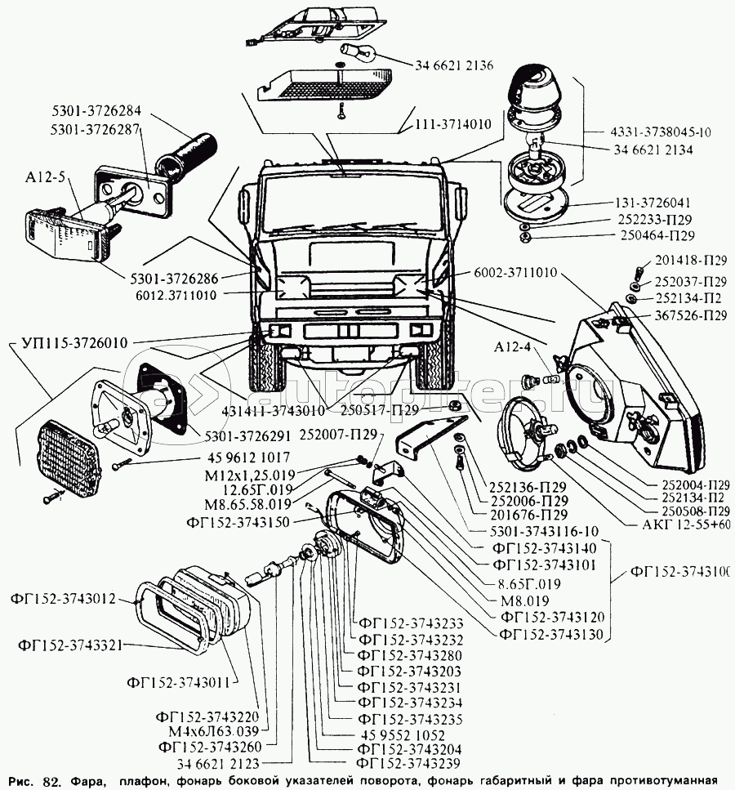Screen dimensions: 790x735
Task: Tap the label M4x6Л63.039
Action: [207, 731]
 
